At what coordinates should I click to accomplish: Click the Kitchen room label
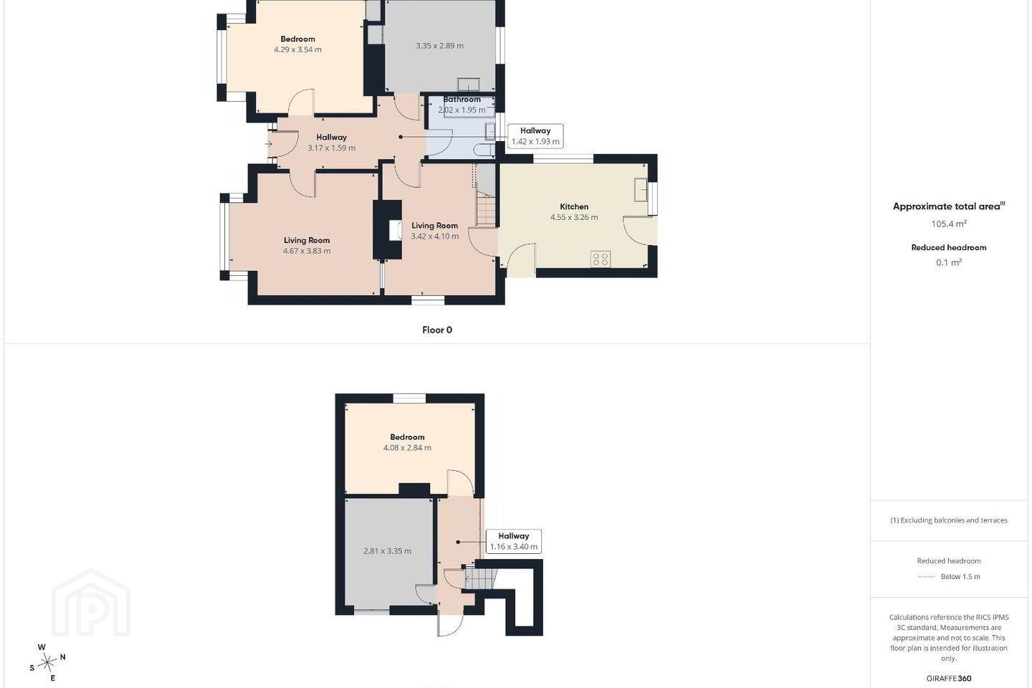pos(573,206)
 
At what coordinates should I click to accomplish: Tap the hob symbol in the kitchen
pos(601,259)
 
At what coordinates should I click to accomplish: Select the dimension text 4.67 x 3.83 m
pos(307,251)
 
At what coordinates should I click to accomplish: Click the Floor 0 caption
pos(436,330)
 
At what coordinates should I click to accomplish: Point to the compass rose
pos(47,663)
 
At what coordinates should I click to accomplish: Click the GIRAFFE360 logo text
pos(949,678)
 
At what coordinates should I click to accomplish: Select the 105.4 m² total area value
pos(949,224)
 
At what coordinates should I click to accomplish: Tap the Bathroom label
pos(462,100)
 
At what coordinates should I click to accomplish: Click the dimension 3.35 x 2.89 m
pos(439,46)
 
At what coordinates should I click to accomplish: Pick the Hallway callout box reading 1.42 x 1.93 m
pos(535,136)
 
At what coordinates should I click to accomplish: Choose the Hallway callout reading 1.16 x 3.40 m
pos(513,541)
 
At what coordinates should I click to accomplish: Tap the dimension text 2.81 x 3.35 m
pos(387,550)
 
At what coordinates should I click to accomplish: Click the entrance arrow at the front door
pos(269,144)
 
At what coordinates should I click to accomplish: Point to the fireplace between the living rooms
pos(388,230)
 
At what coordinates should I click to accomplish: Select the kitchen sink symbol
pos(641,189)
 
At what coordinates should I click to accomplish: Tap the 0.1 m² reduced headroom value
pos(949,262)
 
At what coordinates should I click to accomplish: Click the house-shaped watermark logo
pos(91,603)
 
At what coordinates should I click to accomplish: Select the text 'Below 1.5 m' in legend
pos(960,576)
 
